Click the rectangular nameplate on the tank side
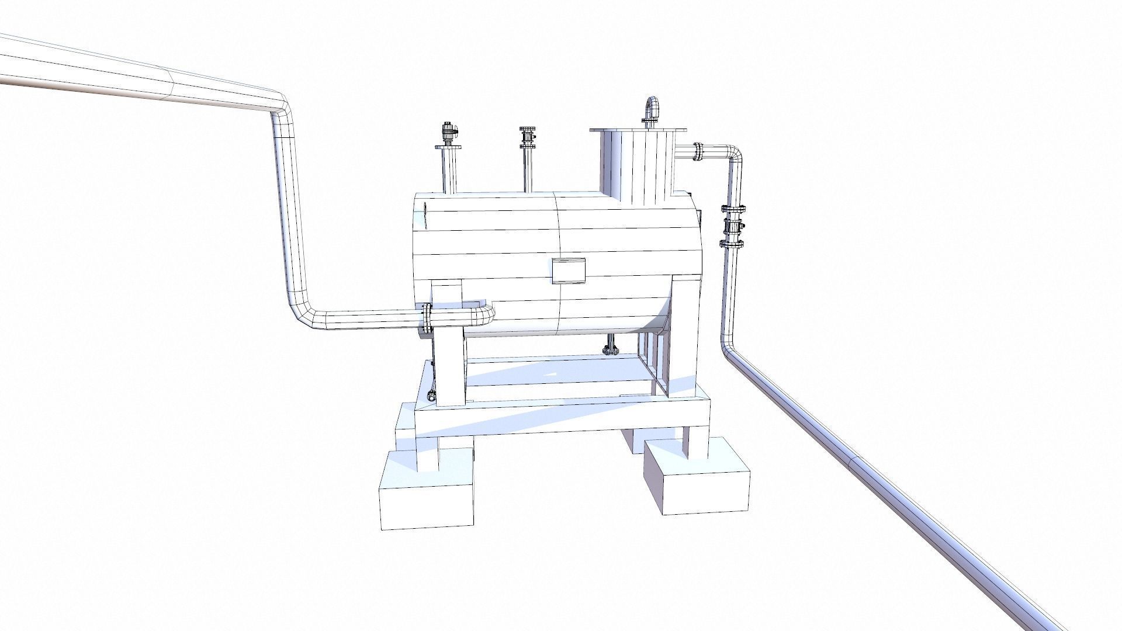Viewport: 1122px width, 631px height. [569, 271]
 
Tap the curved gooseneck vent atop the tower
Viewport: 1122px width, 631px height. [652, 109]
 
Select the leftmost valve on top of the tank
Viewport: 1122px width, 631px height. [448, 134]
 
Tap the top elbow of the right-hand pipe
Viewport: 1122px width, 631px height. [733, 154]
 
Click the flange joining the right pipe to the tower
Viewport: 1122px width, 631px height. [698, 151]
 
